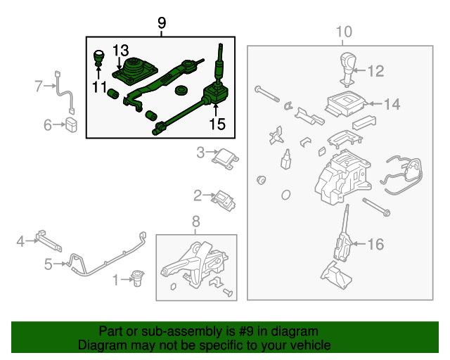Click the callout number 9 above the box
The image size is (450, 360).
pos(162,24)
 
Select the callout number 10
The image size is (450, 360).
pos(343,32)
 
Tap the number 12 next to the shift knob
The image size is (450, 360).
pos(376,71)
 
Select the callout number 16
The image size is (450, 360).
pos(376,244)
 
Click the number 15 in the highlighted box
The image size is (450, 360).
pos(217,124)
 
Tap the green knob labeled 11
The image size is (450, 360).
pos(100,57)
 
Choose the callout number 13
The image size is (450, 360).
pos(120,50)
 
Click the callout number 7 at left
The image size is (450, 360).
pos(39,86)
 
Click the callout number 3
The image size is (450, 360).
pos(200,152)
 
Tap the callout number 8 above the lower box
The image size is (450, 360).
pos(195,223)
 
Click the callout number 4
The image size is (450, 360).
pos(21,241)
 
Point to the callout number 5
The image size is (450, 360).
pos(49,264)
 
